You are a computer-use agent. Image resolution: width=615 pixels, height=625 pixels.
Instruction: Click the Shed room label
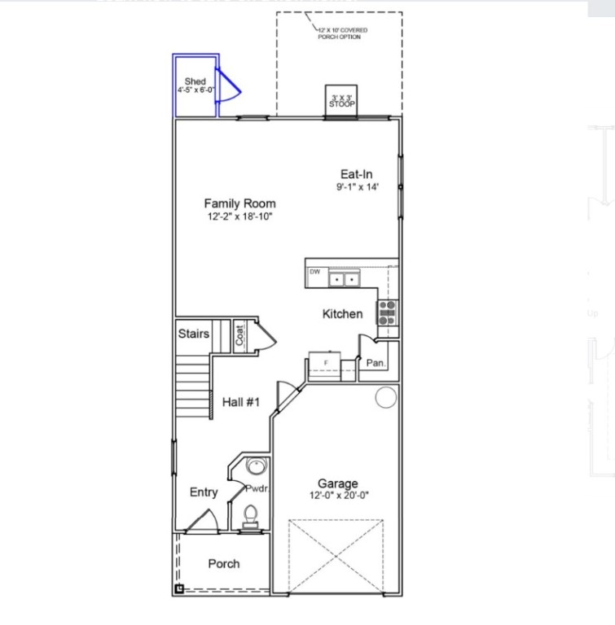195,81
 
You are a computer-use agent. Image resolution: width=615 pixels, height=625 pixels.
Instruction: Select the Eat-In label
357,174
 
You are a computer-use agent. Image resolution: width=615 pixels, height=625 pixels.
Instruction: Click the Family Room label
239,203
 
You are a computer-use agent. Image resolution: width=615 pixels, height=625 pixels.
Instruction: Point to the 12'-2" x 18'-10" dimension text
239,217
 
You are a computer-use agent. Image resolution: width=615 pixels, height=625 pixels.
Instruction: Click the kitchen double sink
345,279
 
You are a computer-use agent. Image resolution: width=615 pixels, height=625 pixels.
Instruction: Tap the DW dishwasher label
314,271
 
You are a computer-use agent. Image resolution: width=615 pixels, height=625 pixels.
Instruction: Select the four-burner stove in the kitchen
387,313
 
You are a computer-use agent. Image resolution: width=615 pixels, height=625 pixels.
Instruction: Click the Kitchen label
342,314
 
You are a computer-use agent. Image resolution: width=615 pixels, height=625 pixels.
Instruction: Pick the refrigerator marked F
326,363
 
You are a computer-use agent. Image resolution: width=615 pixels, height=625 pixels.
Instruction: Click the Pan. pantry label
376,363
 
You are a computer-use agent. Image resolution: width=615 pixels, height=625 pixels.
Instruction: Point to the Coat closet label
240,335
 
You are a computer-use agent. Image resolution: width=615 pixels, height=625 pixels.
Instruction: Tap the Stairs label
194,334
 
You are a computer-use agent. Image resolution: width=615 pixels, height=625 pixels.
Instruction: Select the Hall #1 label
240,401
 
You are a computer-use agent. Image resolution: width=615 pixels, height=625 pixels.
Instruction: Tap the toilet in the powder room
252,516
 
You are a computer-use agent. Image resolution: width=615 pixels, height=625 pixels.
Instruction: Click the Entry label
204,492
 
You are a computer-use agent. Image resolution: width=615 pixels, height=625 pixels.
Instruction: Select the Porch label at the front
224,563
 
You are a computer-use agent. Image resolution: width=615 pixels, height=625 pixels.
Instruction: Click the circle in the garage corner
385,397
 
